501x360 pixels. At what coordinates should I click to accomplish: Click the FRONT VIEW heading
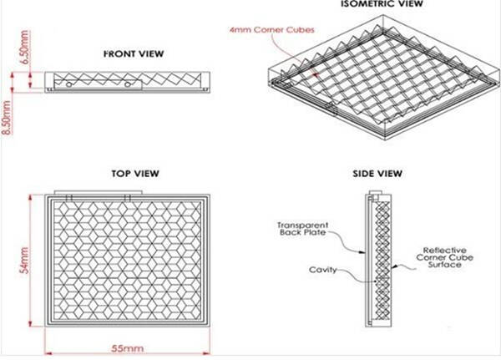pyautogui.click(x=134, y=53)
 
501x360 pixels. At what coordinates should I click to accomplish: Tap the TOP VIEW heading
pyautogui.click(x=135, y=174)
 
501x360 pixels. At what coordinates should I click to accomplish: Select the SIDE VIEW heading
pyautogui.click(x=377, y=174)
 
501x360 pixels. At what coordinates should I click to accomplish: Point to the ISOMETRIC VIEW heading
pyautogui.click(x=382, y=4)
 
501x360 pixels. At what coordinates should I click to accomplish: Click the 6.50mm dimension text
pyautogui.click(x=25, y=47)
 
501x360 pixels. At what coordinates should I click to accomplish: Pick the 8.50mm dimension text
pyautogui.click(x=7, y=117)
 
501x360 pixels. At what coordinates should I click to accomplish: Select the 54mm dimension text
pyautogui.click(x=24, y=261)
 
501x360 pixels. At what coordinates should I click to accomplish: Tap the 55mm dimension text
pyautogui.click(x=128, y=348)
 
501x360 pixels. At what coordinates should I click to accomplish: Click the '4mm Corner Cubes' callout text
pyautogui.click(x=272, y=30)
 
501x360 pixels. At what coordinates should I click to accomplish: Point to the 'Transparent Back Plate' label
pyautogui.click(x=302, y=229)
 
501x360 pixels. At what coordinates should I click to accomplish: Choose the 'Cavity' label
pyautogui.click(x=322, y=270)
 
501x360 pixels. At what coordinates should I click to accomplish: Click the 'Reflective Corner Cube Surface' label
pyautogui.click(x=444, y=257)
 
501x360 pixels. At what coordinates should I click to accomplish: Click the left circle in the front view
pyautogui.click(x=68, y=84)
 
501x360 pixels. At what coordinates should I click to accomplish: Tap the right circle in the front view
pyautogui.click(x=128, y=84)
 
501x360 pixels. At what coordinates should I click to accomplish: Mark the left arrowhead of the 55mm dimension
pyautogui.click(x=48, y=353)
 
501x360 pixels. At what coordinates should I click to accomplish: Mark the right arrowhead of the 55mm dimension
pyautogui.click(x=206, y=353)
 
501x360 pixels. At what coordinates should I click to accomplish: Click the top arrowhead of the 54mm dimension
pyautogui.click(x=30, y=197)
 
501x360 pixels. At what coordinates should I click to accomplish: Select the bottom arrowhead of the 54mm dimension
pyautogui.click(x=30, y=323)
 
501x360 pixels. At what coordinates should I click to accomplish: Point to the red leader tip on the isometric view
pyautogui.click(x=316, y=75)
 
